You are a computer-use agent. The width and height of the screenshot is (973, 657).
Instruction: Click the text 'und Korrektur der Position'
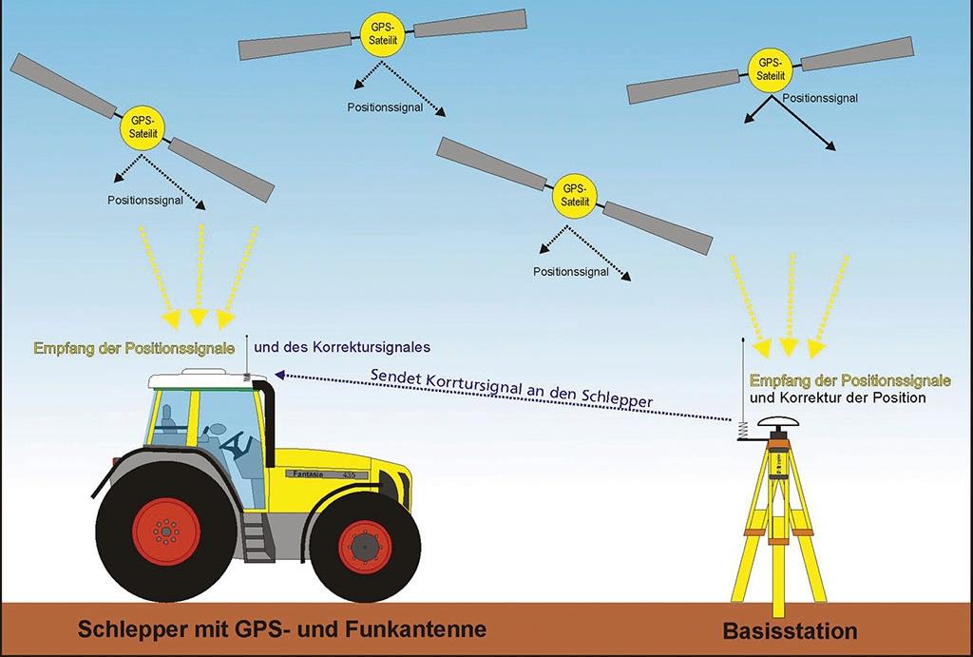tap(837, 397)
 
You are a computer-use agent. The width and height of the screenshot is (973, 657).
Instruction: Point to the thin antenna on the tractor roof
tap(248, 354)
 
